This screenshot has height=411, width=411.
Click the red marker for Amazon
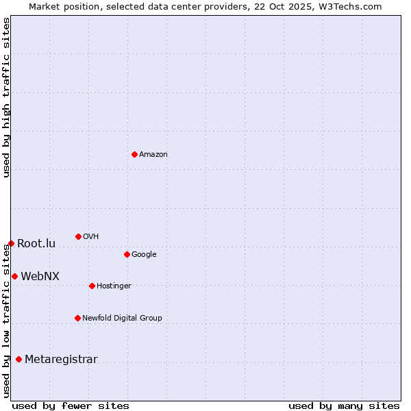tap(134, 154)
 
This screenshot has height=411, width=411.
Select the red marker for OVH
tap(78, 236)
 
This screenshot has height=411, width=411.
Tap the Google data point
tap(127, 254)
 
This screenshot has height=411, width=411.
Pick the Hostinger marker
tap(92, 286)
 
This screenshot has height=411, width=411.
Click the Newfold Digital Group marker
tap(77, 318)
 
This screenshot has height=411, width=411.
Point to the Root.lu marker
tap(11, 243)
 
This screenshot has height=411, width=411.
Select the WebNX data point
tap(14, 276)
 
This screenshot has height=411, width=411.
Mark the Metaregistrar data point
tap(18, 359)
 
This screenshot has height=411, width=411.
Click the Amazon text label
tap(153, 154)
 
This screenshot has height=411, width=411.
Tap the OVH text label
tap(91, 236)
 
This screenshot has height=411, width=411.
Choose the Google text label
tap(144, 254)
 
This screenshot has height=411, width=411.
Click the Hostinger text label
tap(114, 286)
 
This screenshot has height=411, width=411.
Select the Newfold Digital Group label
tap(122, 318)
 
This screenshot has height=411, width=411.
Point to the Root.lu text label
tap(36, 243)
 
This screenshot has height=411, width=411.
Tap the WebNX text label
tap(40, 276)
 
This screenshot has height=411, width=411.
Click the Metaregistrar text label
tap(61, 359)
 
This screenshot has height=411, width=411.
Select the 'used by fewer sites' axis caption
tap(71, 406)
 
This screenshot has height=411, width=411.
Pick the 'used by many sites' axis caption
tap(344, 406)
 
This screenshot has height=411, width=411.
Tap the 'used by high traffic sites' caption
tap(7, 97)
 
